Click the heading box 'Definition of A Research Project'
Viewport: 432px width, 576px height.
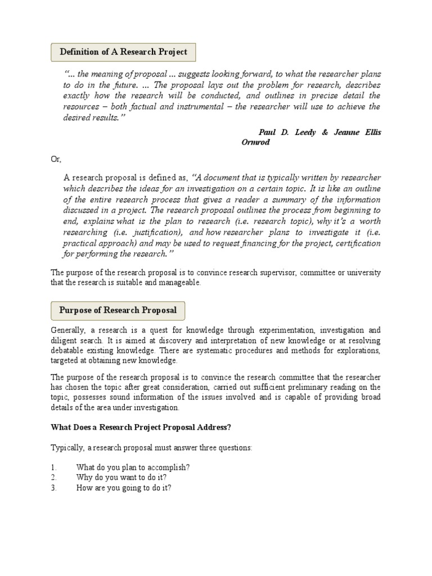tap(123, 52)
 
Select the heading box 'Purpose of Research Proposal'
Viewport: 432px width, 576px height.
tap(118, 310)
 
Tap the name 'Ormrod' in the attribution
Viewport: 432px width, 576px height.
tap(256, 142)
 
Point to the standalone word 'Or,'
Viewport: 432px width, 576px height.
tap(56, 160)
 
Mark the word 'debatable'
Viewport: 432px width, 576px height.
tap(69, 351)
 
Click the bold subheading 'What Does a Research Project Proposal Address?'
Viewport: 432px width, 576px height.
tap(141, 427)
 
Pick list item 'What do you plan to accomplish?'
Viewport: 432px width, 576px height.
tap(133, 467)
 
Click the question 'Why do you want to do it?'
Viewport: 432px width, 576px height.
tap(121, 478)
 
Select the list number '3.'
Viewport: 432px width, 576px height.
tap(54, 488)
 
